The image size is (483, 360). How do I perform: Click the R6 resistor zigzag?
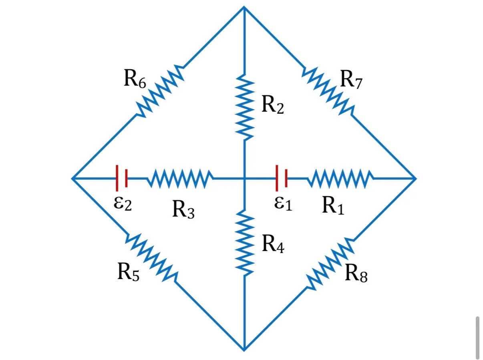pyautogui.click(x=160, y=91)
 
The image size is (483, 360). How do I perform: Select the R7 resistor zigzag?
pyautogui.click(x=328, y=91)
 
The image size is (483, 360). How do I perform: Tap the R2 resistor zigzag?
pyautogui.click(x=245, y=107)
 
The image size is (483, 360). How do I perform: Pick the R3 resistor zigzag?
pyautogui.click(x=180, y=179)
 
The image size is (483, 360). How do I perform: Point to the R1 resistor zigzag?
pyautogui.click(x=340, y=179)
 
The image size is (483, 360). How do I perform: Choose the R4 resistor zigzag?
pyautogui.click(x=245, y=243)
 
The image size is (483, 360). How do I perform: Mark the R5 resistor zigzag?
pyautogui.click(x=151, y=258)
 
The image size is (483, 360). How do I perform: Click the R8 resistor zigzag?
pyautogui.click(x=330, y=263)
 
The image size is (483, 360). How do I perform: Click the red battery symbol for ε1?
pyautogui.click(x=282, y=178)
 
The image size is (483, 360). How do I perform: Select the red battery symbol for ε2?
pyautogui.click(x=122, y=178)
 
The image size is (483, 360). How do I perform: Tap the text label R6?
pyautogui.click(x=135, y=79)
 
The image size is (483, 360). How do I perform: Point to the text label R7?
pyautogui.click(x=351, y=79)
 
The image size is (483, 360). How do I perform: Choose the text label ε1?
pyautogui.click(x=283, y=203)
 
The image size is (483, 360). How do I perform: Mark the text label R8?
pyautogui.click(x=356, y=273)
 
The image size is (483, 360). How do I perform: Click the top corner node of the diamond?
pyautogui.click(x=244, y=7)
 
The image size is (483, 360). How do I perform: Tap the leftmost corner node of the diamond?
pyautogui.click(x=72, y=179)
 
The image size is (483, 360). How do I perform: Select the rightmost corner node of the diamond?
pyautogui.click(x=416, y=179)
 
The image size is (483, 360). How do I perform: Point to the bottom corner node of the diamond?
pyautogui.click(x=244, y=350)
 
